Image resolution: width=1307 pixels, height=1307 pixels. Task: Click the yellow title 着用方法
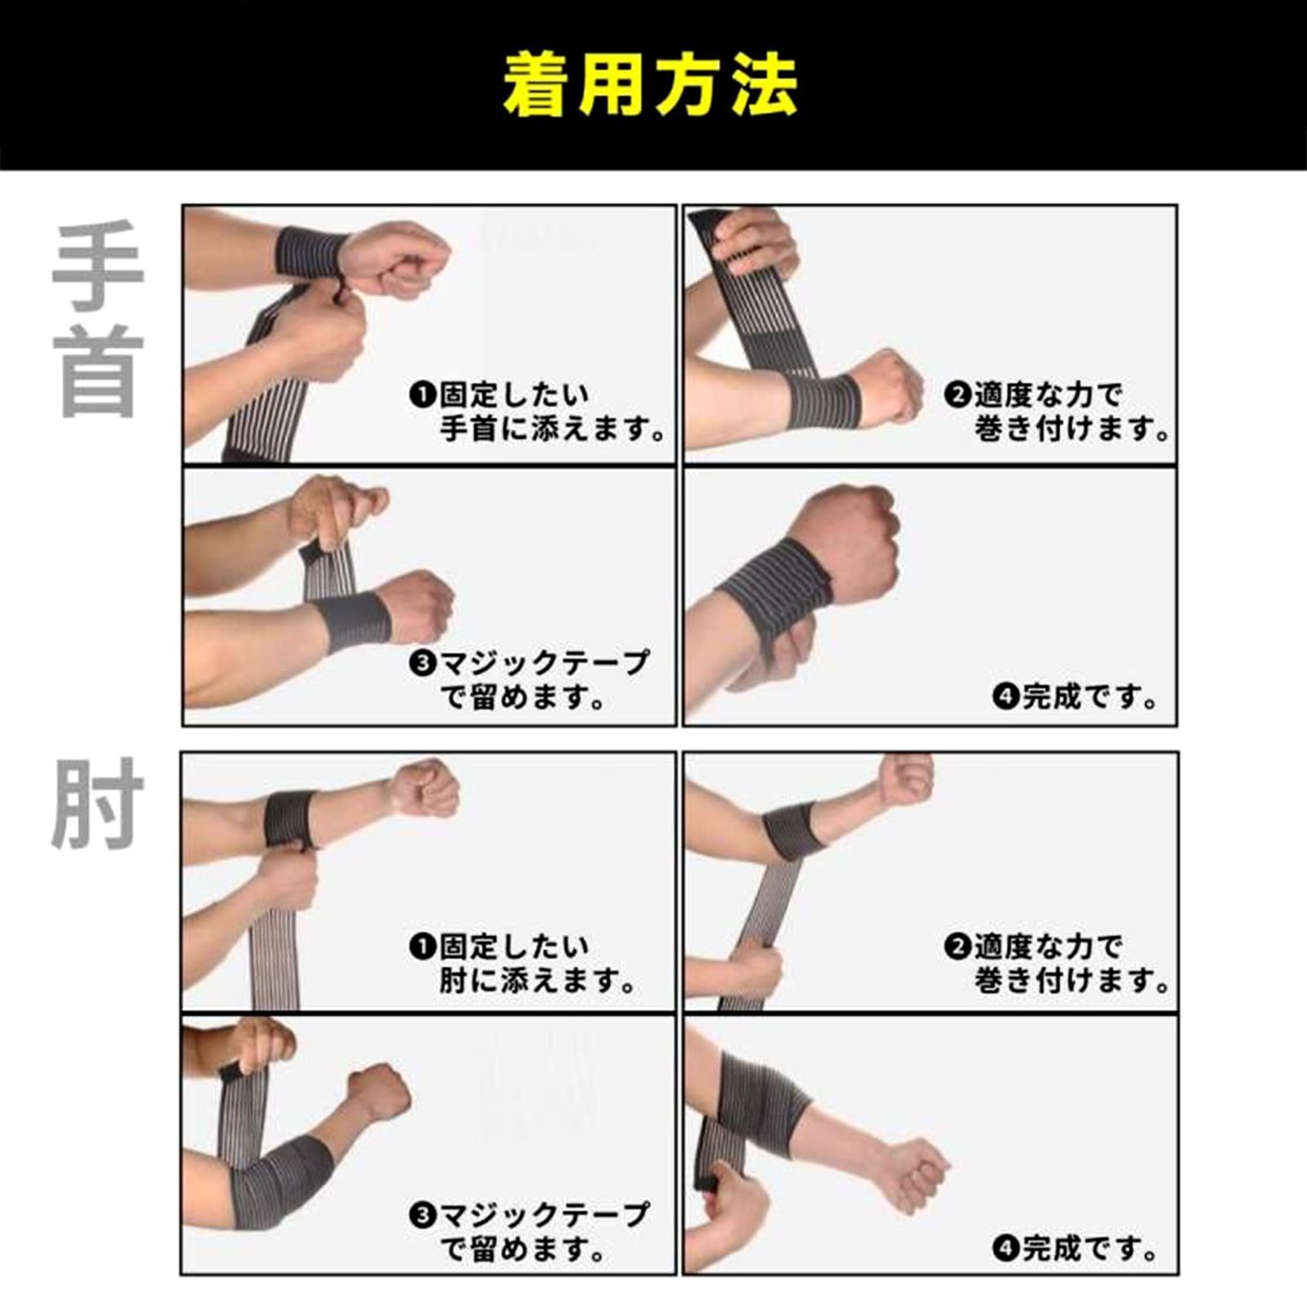pyautogui.click(x=650, y=85)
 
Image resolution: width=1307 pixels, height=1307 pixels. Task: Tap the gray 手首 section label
pyautogui.click(x=98, y=319)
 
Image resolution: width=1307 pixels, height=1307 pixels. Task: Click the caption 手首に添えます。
pyautogui.click(x=553, y=429)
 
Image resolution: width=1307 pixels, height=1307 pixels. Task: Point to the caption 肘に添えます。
pyautogui.click(x=538, y=980)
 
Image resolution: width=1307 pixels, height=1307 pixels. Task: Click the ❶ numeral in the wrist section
pyautogui.click(x=422, y=395)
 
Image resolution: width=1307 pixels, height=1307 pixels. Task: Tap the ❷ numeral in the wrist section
pyautogui.click(x=957, y=395)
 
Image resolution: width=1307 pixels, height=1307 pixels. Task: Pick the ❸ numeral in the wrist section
pyautogui.click(x=422, y=663)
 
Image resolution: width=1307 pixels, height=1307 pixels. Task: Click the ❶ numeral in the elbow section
pyautogui.click(x=422, y=947)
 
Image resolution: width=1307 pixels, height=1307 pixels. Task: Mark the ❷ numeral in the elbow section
pyautogui.click(x=957, y=947)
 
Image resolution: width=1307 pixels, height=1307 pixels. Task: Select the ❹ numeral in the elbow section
pyautogui.click(x=1006, y=1248)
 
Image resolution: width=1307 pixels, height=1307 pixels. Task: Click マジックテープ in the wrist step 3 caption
pyautogui.click(x=544, y=663)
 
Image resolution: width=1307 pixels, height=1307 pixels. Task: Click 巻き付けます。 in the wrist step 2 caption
pyautogui.click(x=1073, y=429)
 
